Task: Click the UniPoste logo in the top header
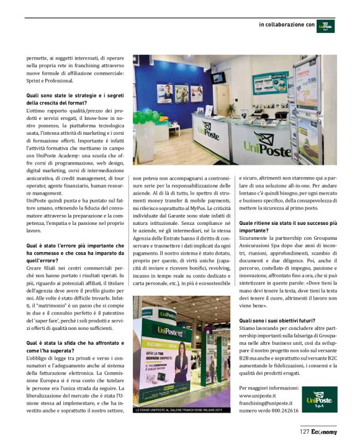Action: pyautogui.click(x=325, y=26)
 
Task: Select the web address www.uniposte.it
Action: pyautogui.click(x=258, y=395)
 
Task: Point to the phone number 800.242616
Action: pyautogui.click(x=268, y=411)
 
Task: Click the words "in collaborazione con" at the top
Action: pyautogui.click(x=287, y=25)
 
